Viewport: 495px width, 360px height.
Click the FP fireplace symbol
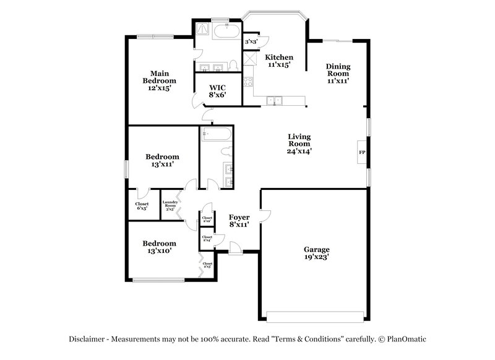tap(362, 152)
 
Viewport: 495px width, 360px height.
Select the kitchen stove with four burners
tap(249, 81)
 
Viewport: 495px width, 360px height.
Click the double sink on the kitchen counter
tap(274, 100)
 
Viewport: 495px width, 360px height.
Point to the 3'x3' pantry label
tap(251, 41)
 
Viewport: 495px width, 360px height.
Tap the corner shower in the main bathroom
tap(202, 28)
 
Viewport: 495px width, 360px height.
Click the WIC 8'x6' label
tap(217, 91)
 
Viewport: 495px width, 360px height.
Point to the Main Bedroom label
tap(159, 80)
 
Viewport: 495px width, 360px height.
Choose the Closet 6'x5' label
tap(142, 207)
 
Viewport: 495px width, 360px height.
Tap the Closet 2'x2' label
tap(207, 220)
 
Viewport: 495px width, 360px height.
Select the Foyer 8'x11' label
tap(239, 221)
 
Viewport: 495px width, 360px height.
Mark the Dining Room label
tap(338, 73)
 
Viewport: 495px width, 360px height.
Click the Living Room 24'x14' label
tap(299, 144)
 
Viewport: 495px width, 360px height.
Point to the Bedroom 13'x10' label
tap(159, 247)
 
